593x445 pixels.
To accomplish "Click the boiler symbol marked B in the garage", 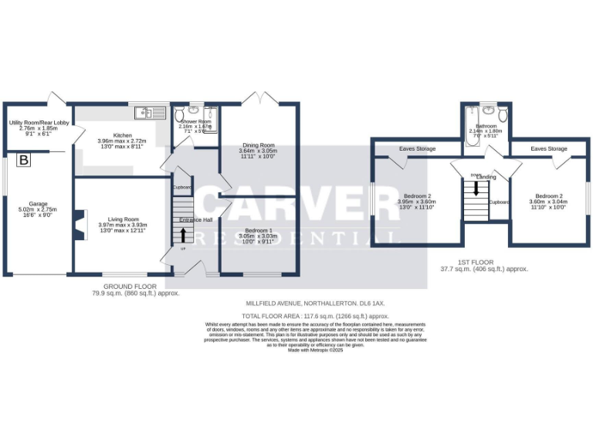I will (24, 161).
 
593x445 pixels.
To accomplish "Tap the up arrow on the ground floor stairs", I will (183, 232).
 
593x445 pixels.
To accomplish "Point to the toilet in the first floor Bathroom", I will (503, 115).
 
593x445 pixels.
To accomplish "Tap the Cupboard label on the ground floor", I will (182, 187).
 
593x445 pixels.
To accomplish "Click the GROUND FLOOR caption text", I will (124, 286).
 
